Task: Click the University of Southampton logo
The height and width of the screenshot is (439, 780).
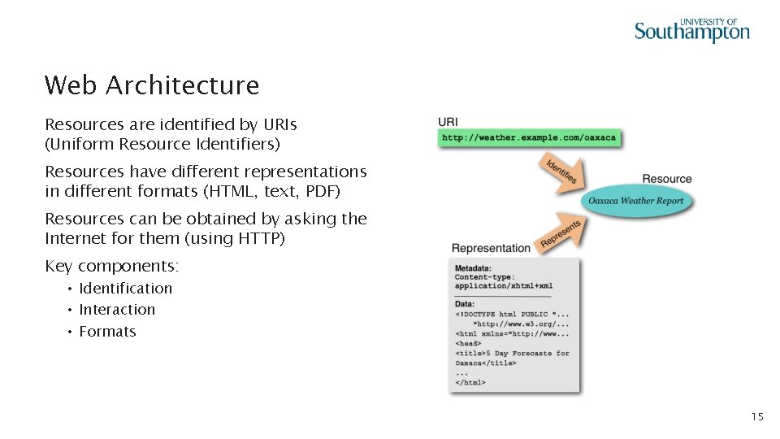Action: (691, 30)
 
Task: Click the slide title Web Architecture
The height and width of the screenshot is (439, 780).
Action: (152, 85)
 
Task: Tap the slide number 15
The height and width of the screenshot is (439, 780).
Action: (756, 417)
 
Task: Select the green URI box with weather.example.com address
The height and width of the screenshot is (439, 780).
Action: (529, 137)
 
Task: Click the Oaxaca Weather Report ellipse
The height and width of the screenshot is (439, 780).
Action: (636, 201)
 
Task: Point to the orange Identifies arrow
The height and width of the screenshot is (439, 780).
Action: (559, 172)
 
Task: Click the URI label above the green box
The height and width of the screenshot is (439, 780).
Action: (448, 122)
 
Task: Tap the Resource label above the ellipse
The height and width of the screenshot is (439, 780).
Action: (666, 179)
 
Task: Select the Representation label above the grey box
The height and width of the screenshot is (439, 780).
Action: (491, 248)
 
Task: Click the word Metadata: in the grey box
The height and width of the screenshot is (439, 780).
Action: (473, 268)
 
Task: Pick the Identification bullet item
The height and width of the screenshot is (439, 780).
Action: (126, 289)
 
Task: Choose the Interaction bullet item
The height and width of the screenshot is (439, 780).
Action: (117, 310)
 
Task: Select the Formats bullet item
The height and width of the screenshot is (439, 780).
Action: (107, 332)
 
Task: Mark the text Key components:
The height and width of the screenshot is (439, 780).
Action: (112, 267)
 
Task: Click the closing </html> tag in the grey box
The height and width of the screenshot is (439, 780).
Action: (470, 382)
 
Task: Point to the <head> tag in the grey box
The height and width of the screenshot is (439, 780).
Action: (469, 343)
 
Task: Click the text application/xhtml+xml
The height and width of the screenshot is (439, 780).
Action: (504, 286)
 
